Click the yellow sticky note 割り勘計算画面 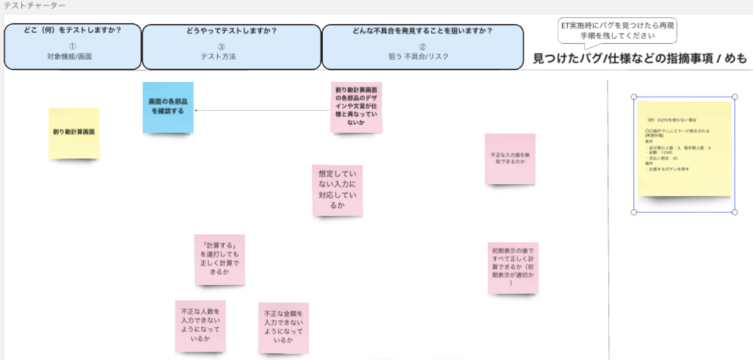pos(74,133)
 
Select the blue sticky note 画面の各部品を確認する pos(168,107)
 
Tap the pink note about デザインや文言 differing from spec pos(356,107)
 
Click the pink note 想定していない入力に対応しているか pos(337,190)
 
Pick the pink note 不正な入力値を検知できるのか pos(510,158)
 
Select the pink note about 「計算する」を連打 pos(219,260)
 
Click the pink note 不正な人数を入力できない pos(200,326)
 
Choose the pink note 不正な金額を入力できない pos(283,327)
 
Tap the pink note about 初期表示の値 pos(513,268)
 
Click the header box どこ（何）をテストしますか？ pos(72,46)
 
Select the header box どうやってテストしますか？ pos(232,46)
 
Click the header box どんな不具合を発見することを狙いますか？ pos(422,46)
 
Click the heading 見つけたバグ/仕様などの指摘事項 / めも pos(640,59)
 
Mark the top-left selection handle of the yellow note pos(634,97)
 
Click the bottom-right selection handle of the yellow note pos(735,212)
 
